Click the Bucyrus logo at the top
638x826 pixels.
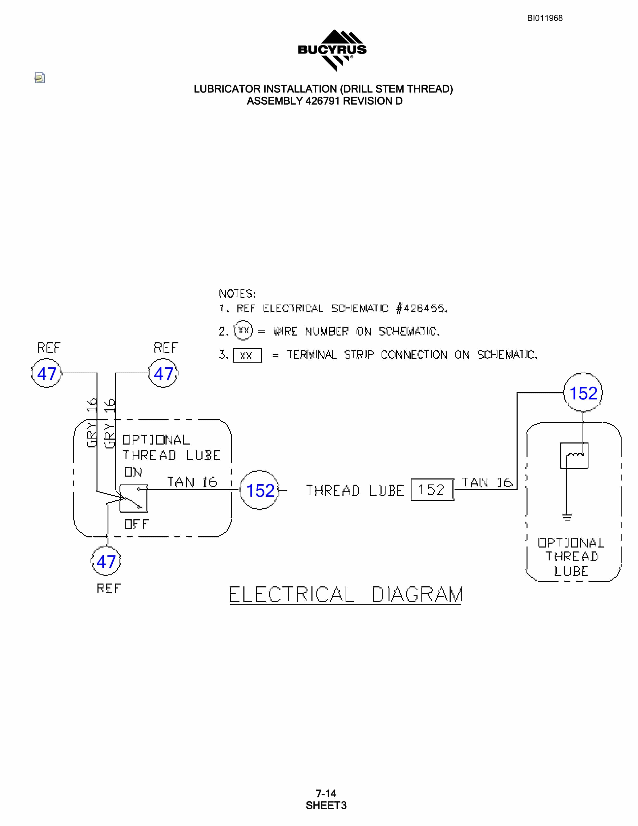pyautogui.click(x=332, y=50)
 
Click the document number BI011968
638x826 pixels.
pyautogui.click(x=545, y=18)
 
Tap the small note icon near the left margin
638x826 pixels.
pyautogui.click(x=40, y=77)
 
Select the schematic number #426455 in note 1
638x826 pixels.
pyautogui.click(x=421, y=309)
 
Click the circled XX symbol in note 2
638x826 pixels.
pyautogui.click(x=243, y=330)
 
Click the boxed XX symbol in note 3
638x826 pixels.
pyautogui.click(x=247, y=356)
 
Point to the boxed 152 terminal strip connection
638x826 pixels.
pyautogui.click(x=432, y=490)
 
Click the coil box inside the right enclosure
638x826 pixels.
pyautogui.click(x=574, y=455)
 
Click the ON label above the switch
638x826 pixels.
pyautogui.click(x=133, y=472)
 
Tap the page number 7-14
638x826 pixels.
pyautogui.click(x=326, y=793)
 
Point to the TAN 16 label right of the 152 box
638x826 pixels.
pyautogui.click(x=487, y=483)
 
